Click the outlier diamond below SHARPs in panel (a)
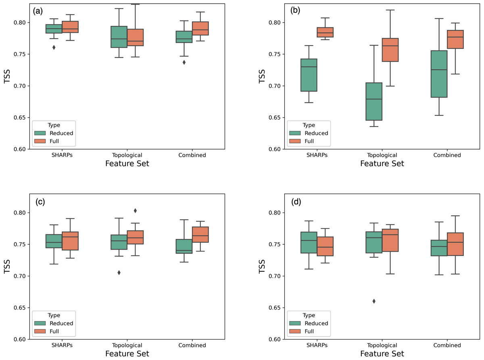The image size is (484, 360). tap(54, 47)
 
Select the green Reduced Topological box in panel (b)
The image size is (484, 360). tap(374, 101)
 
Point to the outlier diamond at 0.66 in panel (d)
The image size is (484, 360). tap(374, 301)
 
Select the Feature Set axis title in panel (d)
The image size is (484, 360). tap(382, 354)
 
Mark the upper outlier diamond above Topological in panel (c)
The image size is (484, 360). tap(135, 210)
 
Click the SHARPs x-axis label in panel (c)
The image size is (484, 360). tap(62, 345)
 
